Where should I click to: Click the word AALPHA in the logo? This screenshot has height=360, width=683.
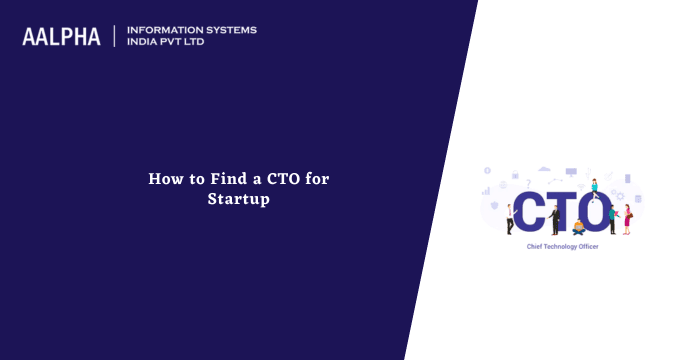pos(61,37)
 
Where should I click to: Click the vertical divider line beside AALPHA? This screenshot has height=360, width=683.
pos(115,37)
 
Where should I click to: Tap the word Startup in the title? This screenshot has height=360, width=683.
pos(239,199)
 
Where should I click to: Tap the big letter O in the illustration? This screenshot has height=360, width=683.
pos(599,210)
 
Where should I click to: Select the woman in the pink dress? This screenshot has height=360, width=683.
pos(627,218)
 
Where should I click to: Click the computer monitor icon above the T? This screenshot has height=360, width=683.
pos(571,170)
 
